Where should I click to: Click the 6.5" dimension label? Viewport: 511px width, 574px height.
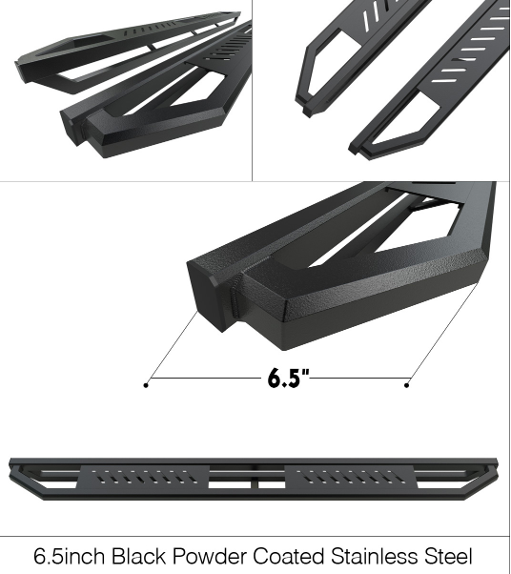(289, 378)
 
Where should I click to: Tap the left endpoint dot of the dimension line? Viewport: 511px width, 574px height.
(146, 385)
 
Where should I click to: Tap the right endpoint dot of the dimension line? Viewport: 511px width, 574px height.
(406, 385)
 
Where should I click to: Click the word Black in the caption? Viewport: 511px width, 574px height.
(138, 556)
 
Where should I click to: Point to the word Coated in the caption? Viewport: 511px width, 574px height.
(288, 556)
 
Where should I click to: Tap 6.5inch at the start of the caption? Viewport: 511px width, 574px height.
(70, 556)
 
